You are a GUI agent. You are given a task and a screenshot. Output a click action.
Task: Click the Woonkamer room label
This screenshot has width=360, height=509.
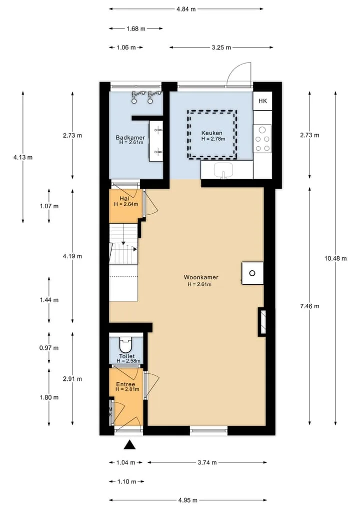click(201, 277)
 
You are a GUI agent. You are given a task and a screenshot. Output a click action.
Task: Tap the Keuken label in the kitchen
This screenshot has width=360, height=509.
click(212, 133)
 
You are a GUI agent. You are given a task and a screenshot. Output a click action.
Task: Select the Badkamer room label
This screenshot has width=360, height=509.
click(130, 138)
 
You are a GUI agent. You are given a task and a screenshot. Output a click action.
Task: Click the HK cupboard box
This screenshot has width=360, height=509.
click(262, 101)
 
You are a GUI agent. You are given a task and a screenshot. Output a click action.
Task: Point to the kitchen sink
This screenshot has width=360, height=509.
click(223, 170)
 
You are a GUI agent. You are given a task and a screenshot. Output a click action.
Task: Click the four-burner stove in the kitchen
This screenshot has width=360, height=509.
click(262, 139)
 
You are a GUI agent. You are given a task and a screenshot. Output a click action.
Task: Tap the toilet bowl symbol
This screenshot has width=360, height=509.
click(126, 345)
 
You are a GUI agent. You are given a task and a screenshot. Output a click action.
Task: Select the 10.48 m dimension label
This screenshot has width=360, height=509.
click(335, 258)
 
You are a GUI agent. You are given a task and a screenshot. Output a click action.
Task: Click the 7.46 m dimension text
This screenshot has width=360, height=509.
click(309, 306)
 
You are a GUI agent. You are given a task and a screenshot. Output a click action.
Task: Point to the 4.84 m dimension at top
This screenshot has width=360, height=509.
click(186, 9)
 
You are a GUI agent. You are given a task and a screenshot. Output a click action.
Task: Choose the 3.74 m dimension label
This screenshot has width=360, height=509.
click(207, 462)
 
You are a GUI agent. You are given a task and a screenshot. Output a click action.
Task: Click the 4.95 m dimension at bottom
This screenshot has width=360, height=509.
click(188, 500)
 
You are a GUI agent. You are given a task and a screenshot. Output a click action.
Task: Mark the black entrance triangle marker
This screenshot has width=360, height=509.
click(129, 445)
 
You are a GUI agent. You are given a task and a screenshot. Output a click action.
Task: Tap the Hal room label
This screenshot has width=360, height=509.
click(124, 199)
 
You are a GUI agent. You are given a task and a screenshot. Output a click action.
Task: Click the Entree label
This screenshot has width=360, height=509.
click(125, 384)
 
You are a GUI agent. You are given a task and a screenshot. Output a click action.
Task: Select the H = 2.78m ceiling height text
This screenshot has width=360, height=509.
click(213, 139)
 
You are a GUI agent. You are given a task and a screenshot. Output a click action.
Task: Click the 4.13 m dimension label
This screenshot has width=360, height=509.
click(23, 158)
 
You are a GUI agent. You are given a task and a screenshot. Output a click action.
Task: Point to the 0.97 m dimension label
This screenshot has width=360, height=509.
click(49, 348)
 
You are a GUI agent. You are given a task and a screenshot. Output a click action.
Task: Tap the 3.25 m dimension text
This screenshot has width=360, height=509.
click(221, 48)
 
